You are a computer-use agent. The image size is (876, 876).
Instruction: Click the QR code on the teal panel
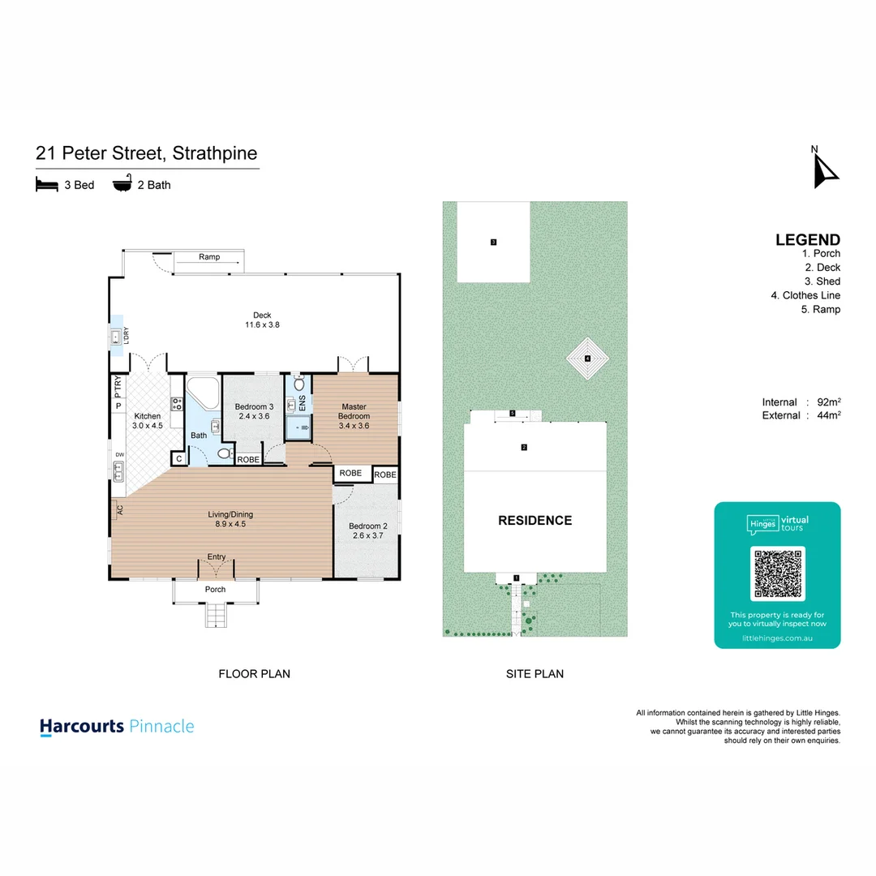[778, 573]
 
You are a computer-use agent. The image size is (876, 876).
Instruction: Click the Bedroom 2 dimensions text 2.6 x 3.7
[370, 535]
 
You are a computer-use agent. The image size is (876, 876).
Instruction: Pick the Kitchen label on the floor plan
[148, 416]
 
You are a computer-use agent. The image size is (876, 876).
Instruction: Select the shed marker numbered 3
[493, 242]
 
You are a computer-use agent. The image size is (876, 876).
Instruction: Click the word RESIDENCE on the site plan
[535, 521]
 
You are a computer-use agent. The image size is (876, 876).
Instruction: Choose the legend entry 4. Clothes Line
[805, 295]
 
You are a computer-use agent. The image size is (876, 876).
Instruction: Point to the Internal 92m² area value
[828, 402]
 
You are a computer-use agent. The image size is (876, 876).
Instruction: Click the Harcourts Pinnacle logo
[118, 726]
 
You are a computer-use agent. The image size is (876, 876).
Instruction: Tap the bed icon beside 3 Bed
[48, 185]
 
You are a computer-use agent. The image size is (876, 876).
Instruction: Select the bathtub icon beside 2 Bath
[123, 184]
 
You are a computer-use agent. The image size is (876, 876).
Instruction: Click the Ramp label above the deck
[209, 257]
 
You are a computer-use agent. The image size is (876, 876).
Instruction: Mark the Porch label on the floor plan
[215, 590]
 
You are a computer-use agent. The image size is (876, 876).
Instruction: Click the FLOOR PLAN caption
[254, 673]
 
